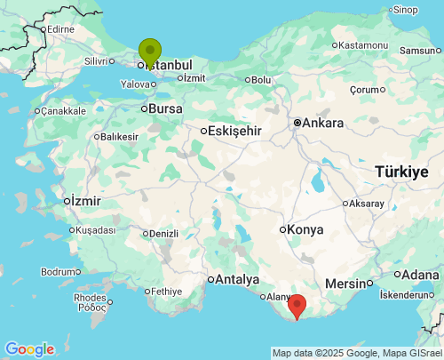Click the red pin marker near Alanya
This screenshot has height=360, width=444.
297,306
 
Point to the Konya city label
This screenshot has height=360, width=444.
305,229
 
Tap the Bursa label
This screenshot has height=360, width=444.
165,108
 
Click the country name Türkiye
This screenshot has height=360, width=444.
401,171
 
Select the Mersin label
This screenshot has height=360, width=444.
346,284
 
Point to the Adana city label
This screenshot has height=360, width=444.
421,275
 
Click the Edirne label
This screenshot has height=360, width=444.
60,29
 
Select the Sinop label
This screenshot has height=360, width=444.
405,10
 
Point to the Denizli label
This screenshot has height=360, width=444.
164,234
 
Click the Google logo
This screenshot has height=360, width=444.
29,349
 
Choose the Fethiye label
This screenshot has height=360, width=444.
166,291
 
